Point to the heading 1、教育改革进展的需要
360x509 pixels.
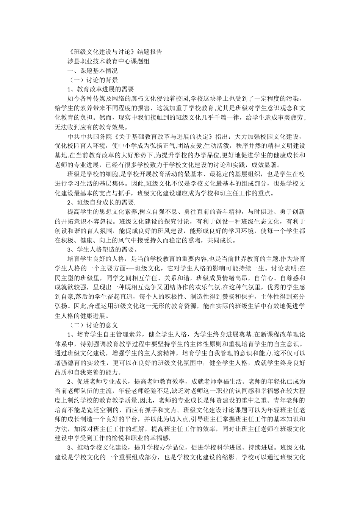tap(100, 90)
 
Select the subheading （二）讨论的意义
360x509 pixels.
tap(92, 325)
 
